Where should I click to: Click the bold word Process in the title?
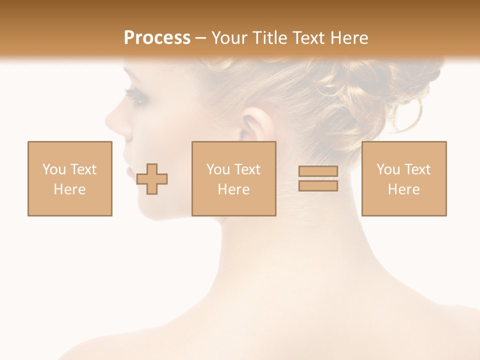pos(157,38)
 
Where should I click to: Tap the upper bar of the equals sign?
pos(318,171)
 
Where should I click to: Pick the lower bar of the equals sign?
pos(318,186)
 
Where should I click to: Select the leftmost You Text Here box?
pos(70,178)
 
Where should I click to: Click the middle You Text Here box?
pos(233,178)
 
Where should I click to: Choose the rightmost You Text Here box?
pos(404,178)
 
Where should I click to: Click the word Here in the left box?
pos(70,189)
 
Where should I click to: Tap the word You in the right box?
pos(388,169)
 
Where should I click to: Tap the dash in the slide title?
pos(200,38)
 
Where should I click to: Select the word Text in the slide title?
pos(306,38)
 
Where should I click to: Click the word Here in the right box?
pos(404,189)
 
